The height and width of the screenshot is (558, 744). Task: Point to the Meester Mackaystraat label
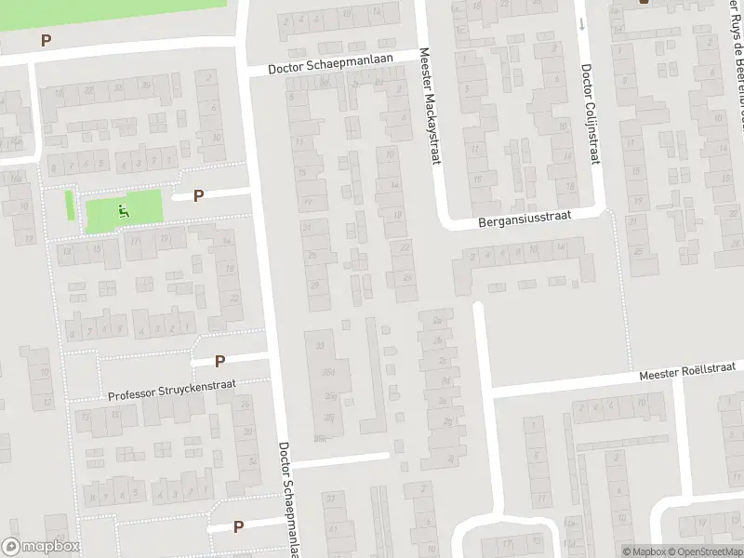430,108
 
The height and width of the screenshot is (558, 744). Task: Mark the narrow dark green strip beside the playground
70,205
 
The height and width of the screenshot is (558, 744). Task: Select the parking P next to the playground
198,195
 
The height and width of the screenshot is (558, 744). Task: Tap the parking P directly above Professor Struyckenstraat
220,361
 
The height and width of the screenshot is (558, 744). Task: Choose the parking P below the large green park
46,40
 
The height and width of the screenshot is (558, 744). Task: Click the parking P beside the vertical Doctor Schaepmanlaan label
239,526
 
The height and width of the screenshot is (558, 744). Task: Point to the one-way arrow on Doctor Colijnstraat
581,22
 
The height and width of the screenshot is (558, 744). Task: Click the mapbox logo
40,547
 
